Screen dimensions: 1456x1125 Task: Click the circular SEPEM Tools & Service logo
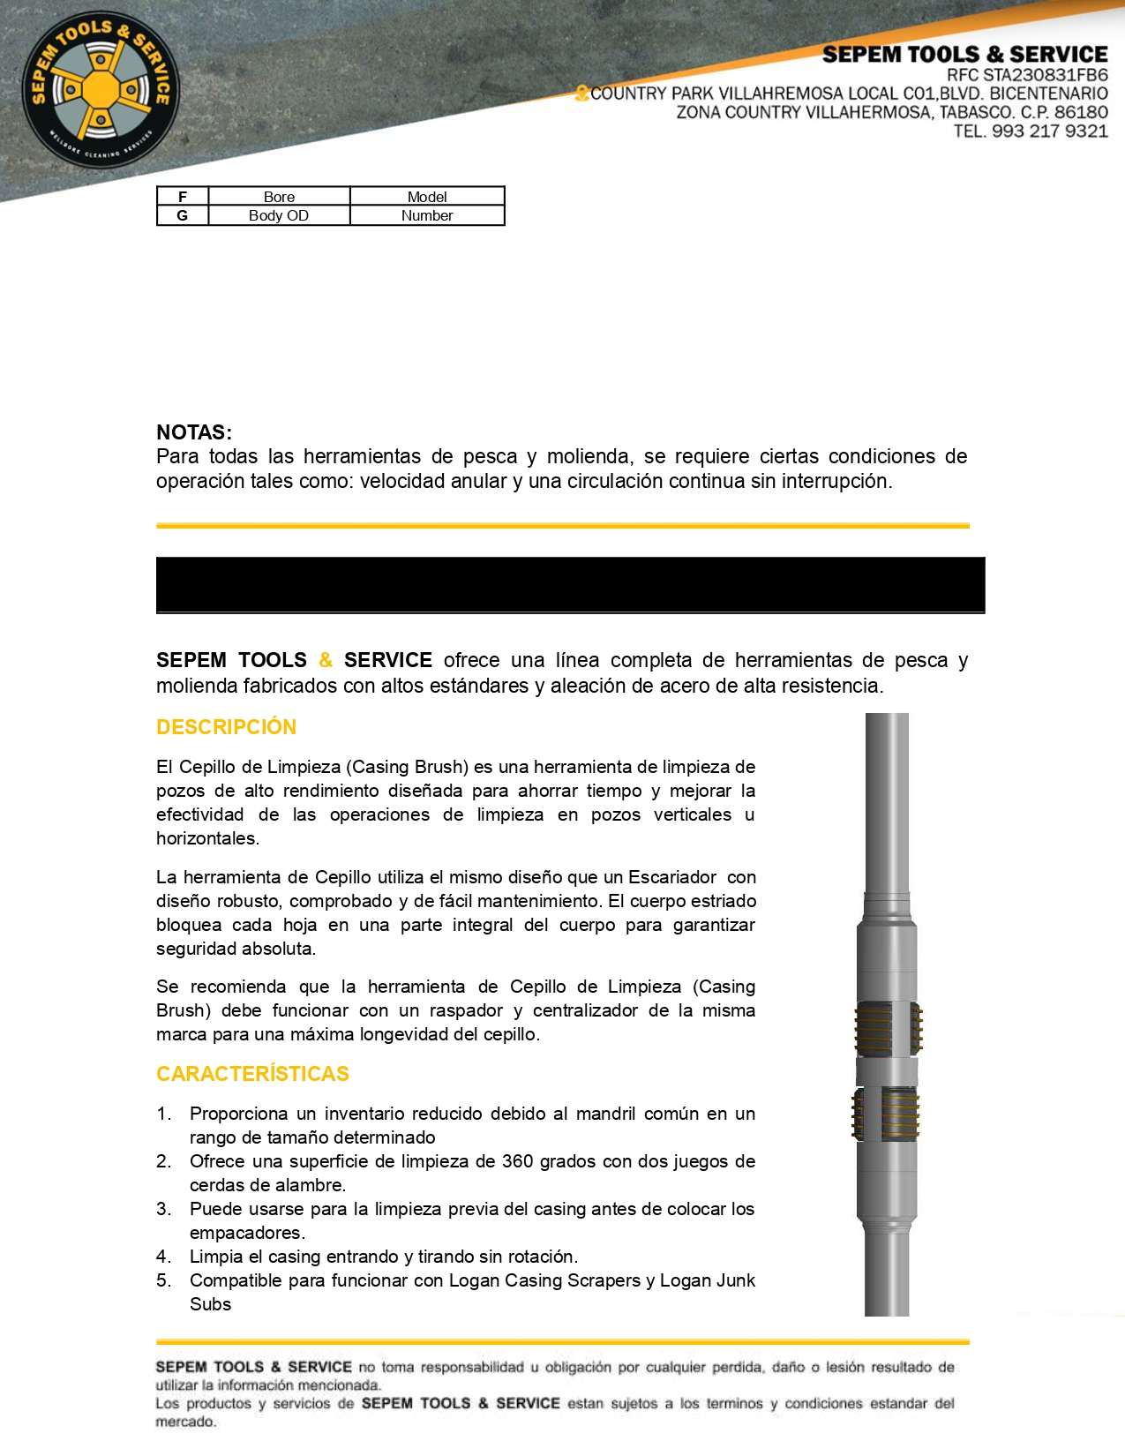coord(101,90)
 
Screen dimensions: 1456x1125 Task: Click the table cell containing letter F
coord(183,197)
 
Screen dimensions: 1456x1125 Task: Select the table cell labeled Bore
coord(279,197)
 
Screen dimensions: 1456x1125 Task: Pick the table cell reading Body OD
coord(279,215)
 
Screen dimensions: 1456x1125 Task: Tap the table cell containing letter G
coord(183,215)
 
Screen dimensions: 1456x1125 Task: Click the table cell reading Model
coord(427,197)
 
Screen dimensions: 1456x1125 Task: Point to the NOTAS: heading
coord(194,432)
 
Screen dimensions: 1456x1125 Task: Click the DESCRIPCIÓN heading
coord(226,727)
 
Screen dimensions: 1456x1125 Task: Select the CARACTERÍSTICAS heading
coord(252,1074)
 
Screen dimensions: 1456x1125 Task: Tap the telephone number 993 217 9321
coord(1049,131)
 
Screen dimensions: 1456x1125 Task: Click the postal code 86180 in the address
coord(1081,112)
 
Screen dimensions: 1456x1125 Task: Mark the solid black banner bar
coord(570,584)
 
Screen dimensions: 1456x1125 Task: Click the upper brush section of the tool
coord(888,1029)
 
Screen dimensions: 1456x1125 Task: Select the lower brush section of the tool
coord(886,1114)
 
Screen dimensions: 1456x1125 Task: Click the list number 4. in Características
coord(163,1257)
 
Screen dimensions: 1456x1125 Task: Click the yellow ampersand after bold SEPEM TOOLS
coord(326,660)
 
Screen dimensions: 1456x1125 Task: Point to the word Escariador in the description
coord(672,877)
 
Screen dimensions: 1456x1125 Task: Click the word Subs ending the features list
coord(210,1304)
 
